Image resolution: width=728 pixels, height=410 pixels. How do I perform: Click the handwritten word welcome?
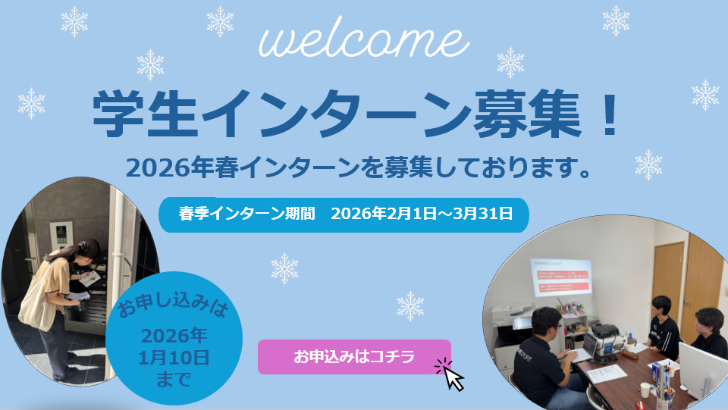pyautogui.click(x=361, y=42)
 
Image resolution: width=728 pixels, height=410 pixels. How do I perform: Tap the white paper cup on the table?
pyautogui.click(x=645, y=390)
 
